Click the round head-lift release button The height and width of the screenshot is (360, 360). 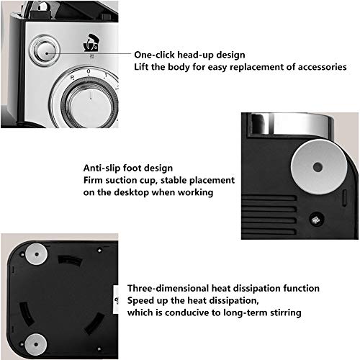click(45, 50)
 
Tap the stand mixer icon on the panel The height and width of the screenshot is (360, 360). click(91, 42)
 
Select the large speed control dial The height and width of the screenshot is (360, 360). click(90, 103)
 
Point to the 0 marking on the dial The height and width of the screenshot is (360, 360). click(89, 71)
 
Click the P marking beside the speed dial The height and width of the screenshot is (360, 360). click(72, 78)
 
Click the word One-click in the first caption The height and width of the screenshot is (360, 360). click(154, 55)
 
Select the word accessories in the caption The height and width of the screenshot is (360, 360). click(323, 67)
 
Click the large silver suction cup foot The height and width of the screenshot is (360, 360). click(319, 167)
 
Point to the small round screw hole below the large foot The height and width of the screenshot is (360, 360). click(317, 220)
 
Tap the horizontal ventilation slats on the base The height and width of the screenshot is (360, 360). click(269, 215)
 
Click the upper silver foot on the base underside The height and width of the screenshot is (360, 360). click(37, 254)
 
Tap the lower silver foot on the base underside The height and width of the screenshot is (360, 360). click(36, 344)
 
